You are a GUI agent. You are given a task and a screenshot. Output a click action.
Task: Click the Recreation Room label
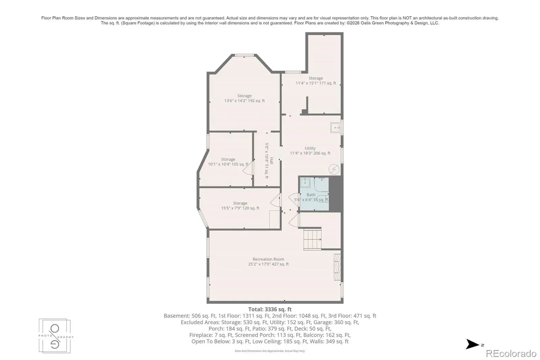268,259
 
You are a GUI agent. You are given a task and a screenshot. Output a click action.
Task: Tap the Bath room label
311,195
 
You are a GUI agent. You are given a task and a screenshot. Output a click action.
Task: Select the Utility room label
310,148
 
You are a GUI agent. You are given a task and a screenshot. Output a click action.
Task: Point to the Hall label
271,161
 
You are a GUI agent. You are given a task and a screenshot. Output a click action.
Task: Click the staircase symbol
313,239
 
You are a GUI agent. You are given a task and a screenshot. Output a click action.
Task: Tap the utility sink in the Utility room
335,128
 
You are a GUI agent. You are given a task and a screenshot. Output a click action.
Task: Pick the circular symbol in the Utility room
334,169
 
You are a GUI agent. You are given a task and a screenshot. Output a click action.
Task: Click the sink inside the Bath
305,182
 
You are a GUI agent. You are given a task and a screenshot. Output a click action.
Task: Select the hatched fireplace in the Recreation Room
337,267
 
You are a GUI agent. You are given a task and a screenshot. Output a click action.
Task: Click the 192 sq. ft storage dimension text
244,101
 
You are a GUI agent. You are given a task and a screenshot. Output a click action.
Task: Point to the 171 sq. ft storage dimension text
316,83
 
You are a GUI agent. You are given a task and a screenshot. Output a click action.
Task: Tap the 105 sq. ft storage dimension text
228,164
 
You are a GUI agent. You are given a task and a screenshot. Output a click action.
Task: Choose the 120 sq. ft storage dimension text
240,208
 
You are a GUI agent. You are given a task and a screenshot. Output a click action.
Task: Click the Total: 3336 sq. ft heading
270,309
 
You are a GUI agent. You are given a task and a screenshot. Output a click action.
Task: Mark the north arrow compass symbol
473,344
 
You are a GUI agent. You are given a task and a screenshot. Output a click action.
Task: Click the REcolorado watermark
511,354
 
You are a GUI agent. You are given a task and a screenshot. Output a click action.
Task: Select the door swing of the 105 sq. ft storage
248,168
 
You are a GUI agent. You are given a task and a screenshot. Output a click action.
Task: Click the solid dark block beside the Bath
335,194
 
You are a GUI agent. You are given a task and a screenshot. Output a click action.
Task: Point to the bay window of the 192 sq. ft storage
244,55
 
